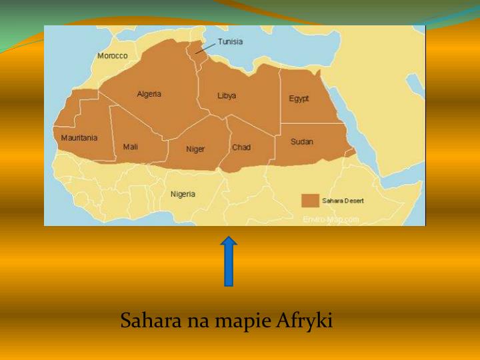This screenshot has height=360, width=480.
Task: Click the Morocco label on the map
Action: (112, 56)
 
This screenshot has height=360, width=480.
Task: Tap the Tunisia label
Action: (230, 41)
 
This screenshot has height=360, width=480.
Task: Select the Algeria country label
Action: (149, 94)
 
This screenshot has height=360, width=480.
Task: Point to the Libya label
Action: (227, 96)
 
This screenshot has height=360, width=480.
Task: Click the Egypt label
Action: (299, 99)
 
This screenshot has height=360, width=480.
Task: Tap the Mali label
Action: (131, 147)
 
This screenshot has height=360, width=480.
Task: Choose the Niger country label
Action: (195, 149)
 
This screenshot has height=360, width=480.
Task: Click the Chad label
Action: (241, 147)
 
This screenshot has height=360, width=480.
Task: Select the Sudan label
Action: (302, 142)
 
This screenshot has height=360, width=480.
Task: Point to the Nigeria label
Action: (183, 194)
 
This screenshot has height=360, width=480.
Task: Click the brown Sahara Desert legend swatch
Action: (310, 201)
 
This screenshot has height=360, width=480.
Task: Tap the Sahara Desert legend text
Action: (343, 201)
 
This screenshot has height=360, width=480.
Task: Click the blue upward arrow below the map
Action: (229, 261)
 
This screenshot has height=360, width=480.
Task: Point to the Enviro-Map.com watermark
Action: (331, 219)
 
